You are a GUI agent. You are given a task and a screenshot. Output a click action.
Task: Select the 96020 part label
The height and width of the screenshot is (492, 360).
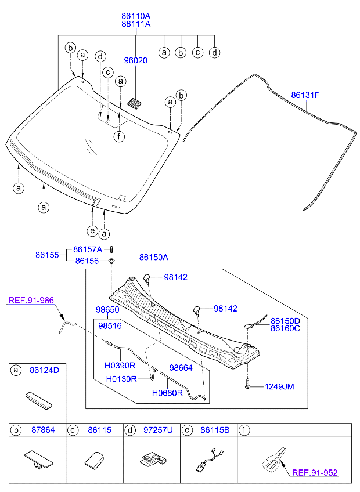[135, 60]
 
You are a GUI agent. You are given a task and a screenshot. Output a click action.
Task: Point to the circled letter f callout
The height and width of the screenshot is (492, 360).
[119, 137]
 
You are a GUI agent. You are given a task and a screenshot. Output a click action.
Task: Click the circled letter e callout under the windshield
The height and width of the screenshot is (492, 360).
[92, 231]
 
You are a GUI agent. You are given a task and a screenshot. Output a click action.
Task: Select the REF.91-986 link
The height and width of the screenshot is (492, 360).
[31, 301]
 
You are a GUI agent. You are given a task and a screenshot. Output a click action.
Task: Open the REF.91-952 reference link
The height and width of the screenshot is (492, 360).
[314, 473]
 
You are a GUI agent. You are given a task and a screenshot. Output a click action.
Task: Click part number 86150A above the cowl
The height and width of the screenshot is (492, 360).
[153, 256]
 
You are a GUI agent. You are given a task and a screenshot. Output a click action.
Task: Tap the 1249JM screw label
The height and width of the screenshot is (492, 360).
[279, 386]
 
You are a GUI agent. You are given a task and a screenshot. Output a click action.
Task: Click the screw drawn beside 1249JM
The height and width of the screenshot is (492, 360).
[248, 384]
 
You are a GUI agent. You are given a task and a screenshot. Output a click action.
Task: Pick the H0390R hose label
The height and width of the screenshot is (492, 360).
[120, 366]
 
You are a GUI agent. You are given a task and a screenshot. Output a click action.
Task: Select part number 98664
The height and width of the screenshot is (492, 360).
[181, 368]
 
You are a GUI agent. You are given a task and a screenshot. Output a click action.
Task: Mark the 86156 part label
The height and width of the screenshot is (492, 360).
[88, 261]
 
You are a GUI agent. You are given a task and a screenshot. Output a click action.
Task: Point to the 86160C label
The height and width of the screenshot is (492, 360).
[285, 329]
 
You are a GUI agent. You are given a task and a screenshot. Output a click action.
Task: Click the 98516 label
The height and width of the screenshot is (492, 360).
[109, 326]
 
